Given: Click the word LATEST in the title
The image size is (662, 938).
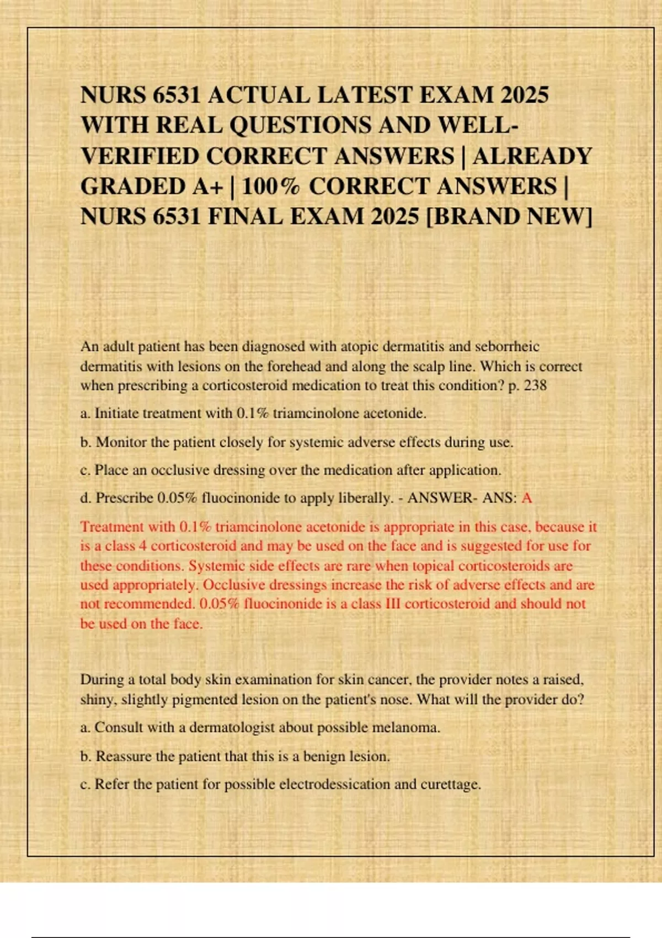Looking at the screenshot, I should click(365, 95).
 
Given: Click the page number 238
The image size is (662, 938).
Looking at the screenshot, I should click(535, 385).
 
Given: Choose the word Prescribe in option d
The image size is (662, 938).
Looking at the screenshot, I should click(124, 498).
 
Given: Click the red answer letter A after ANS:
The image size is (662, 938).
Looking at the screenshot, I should click(527, 498).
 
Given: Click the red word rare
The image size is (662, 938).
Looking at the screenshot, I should click(358, 566).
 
